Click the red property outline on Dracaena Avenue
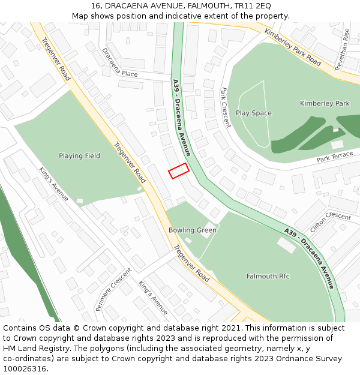(x=178, y=171)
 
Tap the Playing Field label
(x=79, y=156)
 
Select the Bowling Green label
(x=192, y=230)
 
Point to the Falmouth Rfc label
(x=268, y=276)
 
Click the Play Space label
(x=253, y=113)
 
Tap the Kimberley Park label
(x=325, y=104)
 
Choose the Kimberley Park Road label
(x=293, y=47)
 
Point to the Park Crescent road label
(x=226, y=107)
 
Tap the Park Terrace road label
(x=335, y=157)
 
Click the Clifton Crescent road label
(x=331, y=223)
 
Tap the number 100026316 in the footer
(x=25, y=369)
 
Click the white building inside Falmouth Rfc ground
(x=286, y=245)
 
